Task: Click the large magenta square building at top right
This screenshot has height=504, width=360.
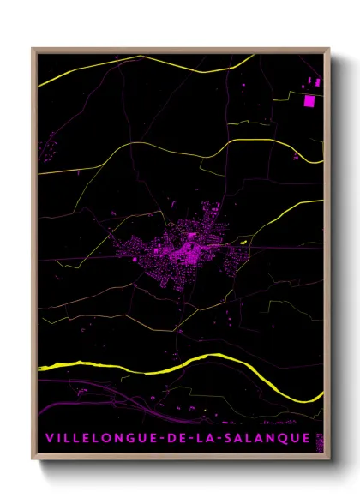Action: coord(309,100)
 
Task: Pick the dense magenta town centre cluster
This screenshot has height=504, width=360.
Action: coord(184,250)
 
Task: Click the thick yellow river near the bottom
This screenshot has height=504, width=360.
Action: coord(171,368)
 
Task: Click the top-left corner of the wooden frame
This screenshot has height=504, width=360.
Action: coord(33,49)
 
